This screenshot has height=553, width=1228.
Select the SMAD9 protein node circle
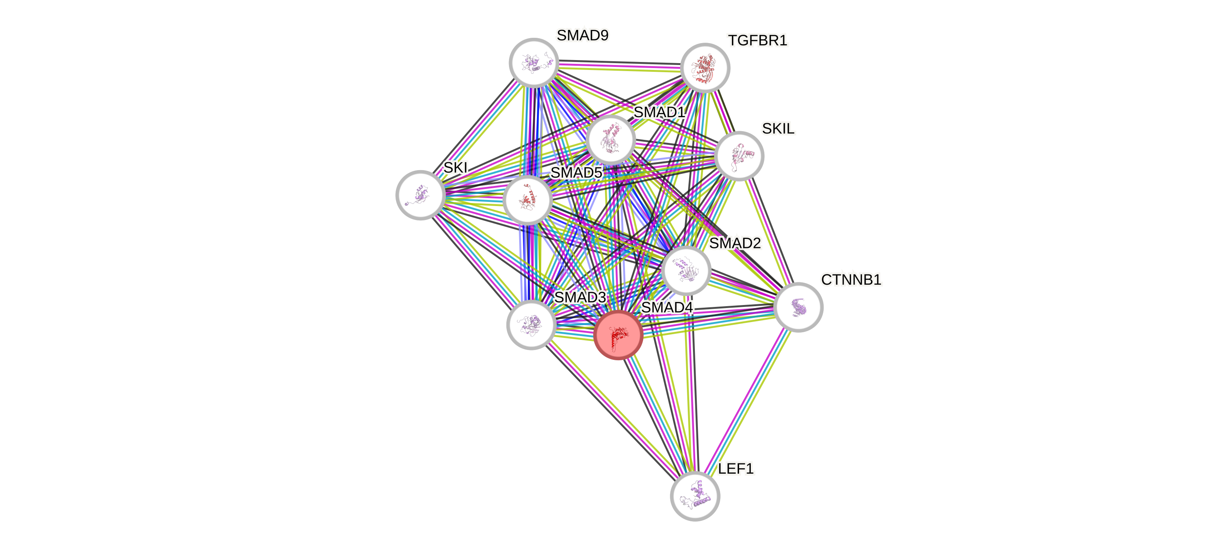534,62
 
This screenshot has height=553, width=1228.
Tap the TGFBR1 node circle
705,68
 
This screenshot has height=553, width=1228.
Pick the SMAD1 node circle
611,139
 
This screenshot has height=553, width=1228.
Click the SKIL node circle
739,156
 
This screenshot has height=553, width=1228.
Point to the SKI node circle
421,195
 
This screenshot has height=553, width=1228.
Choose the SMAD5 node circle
527,200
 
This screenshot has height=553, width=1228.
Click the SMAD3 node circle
530,325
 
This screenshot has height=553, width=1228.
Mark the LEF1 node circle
695,496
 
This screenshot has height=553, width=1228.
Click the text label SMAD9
583,35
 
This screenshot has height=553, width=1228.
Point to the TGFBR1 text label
758,41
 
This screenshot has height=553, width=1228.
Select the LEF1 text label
736,469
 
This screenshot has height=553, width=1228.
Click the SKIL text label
778,129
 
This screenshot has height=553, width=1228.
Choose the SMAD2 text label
735,243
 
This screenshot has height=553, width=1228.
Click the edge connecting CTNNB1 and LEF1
747,401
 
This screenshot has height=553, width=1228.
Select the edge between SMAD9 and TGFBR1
619,66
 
